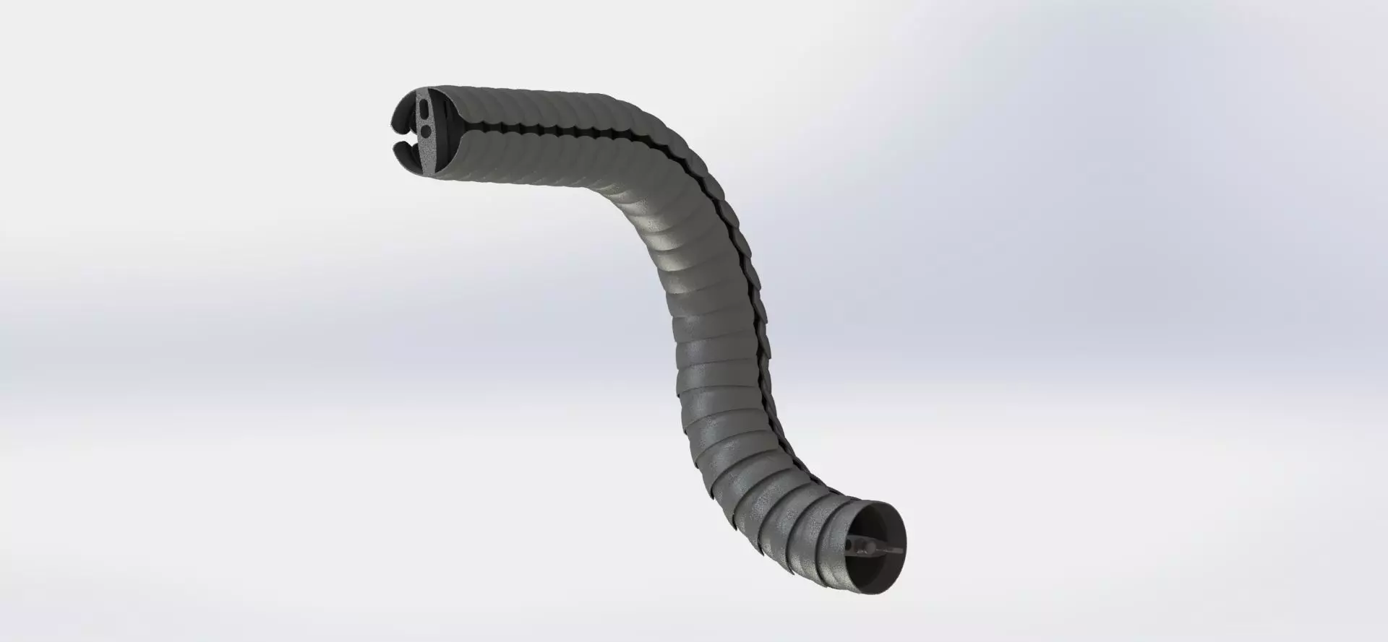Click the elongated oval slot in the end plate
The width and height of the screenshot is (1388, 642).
tap(424, 109)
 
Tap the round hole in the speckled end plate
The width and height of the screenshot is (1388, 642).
tap(426, 131)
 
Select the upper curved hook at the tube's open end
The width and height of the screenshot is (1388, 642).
tap(403, 115)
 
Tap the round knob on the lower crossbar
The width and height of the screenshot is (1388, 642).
tap(870, 547)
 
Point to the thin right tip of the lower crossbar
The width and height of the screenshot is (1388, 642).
tap(901, 551)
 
